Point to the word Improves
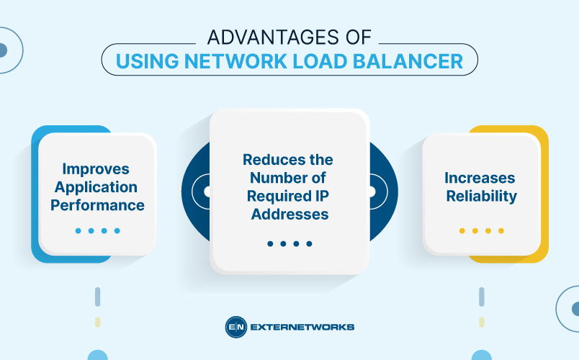coord(96,169)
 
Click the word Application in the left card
coord(97,187)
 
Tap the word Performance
coord(97,205)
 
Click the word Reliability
coord(481,196)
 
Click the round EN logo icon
coord(236,327)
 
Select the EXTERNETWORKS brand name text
coord(302,327)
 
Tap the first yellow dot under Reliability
coord(462,231)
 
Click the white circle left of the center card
coord(207,192)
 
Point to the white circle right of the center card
coord(372,192)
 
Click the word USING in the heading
coord(147,61)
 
